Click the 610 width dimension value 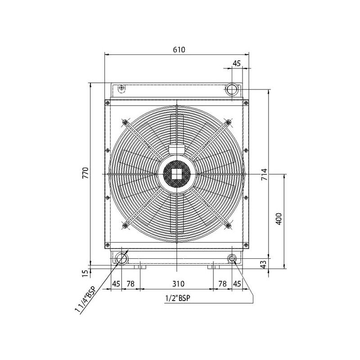tap(179, 49)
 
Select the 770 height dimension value tap(85, 173)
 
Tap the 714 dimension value tap(265, 174)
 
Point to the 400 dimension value tap(278, 219)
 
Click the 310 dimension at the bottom tap(178, 284)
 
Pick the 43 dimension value tap(264, 264)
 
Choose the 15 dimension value tap(85, 273)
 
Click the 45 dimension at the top tap(237, 63)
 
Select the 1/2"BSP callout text tap(178, 298)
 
